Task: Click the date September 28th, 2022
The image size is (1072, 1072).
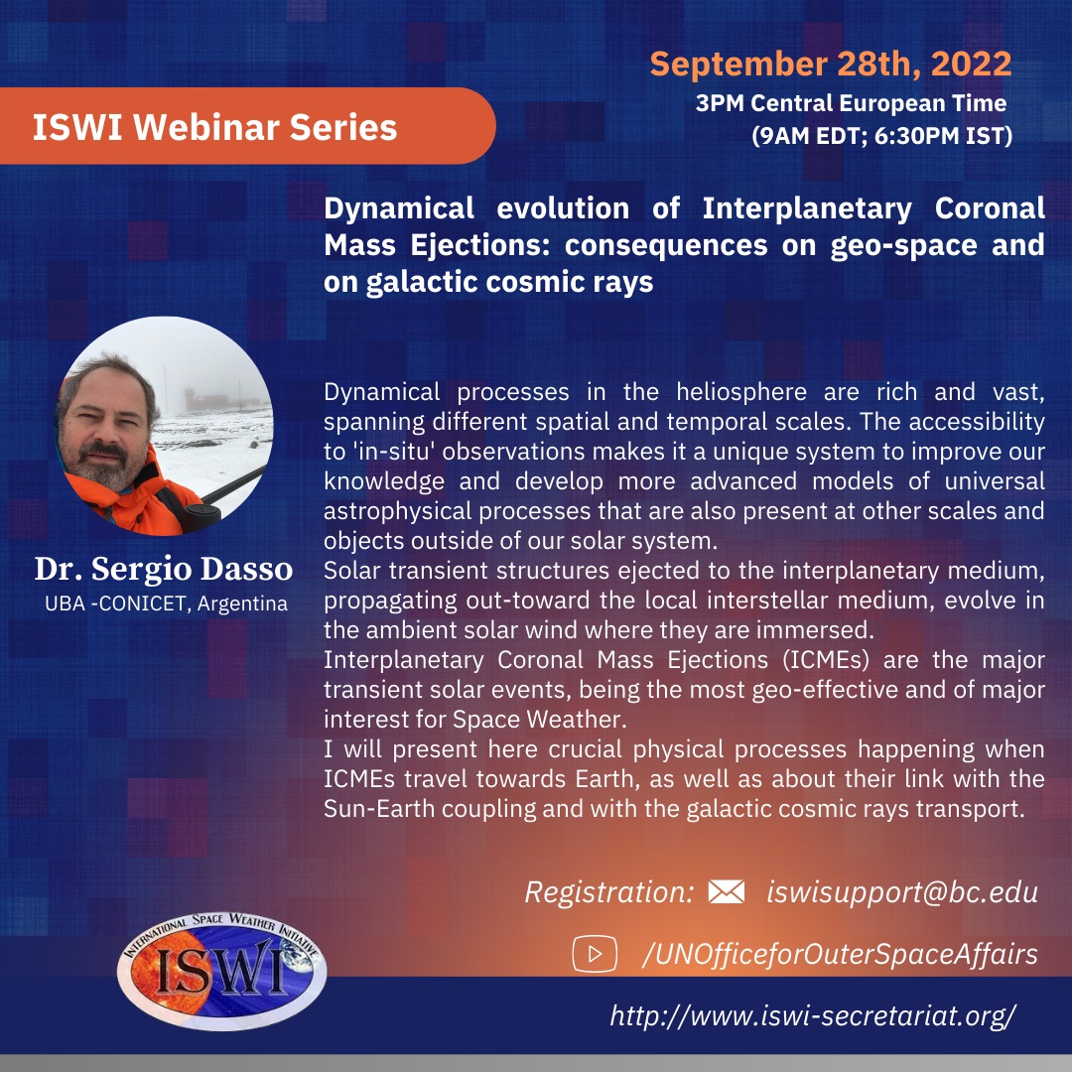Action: coord(831,65)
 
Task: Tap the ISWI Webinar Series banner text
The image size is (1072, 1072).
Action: coord(214,127)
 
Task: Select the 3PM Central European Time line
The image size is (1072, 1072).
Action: coord(852,103)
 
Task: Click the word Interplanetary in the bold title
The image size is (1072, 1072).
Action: coord(807,208)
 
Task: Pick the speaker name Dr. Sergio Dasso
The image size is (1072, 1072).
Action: coord(164,569)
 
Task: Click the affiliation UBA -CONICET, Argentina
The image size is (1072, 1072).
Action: coord(166,603)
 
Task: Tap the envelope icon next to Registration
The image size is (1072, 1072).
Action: coord(726,891)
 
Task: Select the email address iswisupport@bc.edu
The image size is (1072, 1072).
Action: coord(902,892)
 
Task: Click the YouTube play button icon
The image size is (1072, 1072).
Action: coord(595,953)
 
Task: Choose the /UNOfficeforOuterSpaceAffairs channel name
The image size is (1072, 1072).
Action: coord(840,955)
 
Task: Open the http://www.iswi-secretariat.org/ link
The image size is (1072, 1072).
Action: coord(813,1015)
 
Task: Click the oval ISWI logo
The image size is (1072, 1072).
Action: coord(221,971)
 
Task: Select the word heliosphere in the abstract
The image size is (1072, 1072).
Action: coord(741,392)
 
